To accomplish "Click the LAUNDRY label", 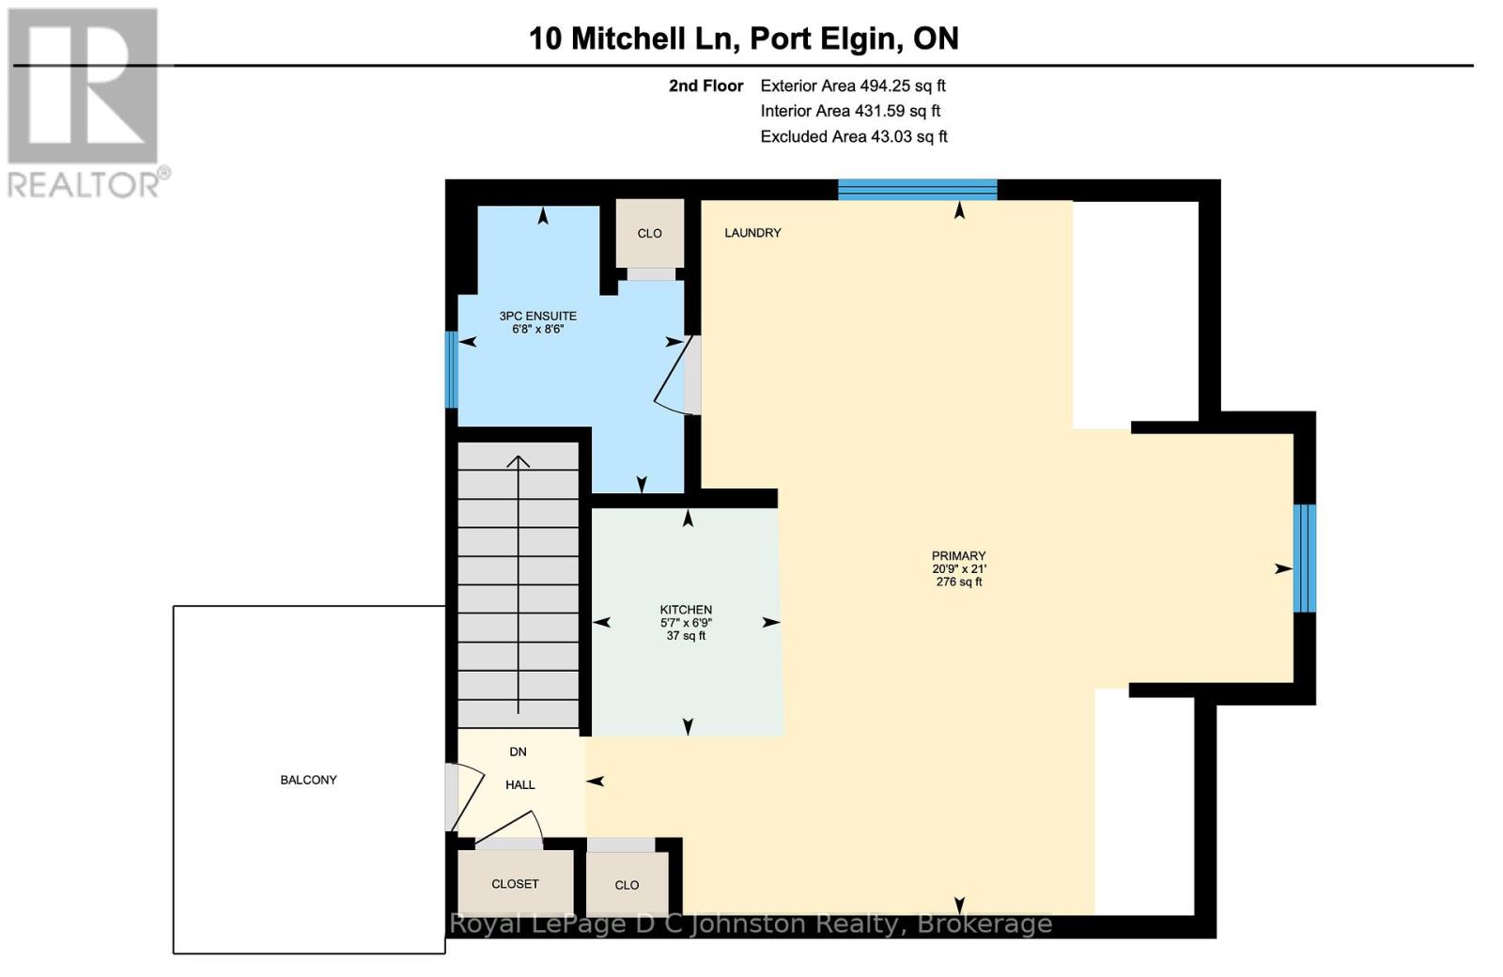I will click(x=752, y=233).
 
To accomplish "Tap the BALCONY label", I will click(x=308, y=780).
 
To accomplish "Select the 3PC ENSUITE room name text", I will click(x=537, y=316).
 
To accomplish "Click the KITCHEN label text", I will click(x=686, y=610).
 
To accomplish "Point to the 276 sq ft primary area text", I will click(x=958, y=582).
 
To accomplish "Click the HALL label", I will click(x=519, y=784).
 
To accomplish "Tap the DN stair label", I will click(x=518, y=752).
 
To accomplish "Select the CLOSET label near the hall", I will click(x=515, y=884).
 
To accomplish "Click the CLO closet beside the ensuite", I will click(x=649, y=233).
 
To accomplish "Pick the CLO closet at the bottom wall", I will click(x=627, y=885).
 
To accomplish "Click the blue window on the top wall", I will click(x=917, y=189).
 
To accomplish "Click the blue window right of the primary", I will click(x=1304, y=558).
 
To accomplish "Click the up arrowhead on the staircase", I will click(x=519, y=460).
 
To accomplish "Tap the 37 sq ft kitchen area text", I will click(x=686, y=636).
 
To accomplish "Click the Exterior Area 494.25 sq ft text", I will click(x=852, y=85).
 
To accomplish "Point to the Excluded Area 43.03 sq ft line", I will click(x=853, y=136).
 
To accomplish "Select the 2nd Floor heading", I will click(x=705, y=85).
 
